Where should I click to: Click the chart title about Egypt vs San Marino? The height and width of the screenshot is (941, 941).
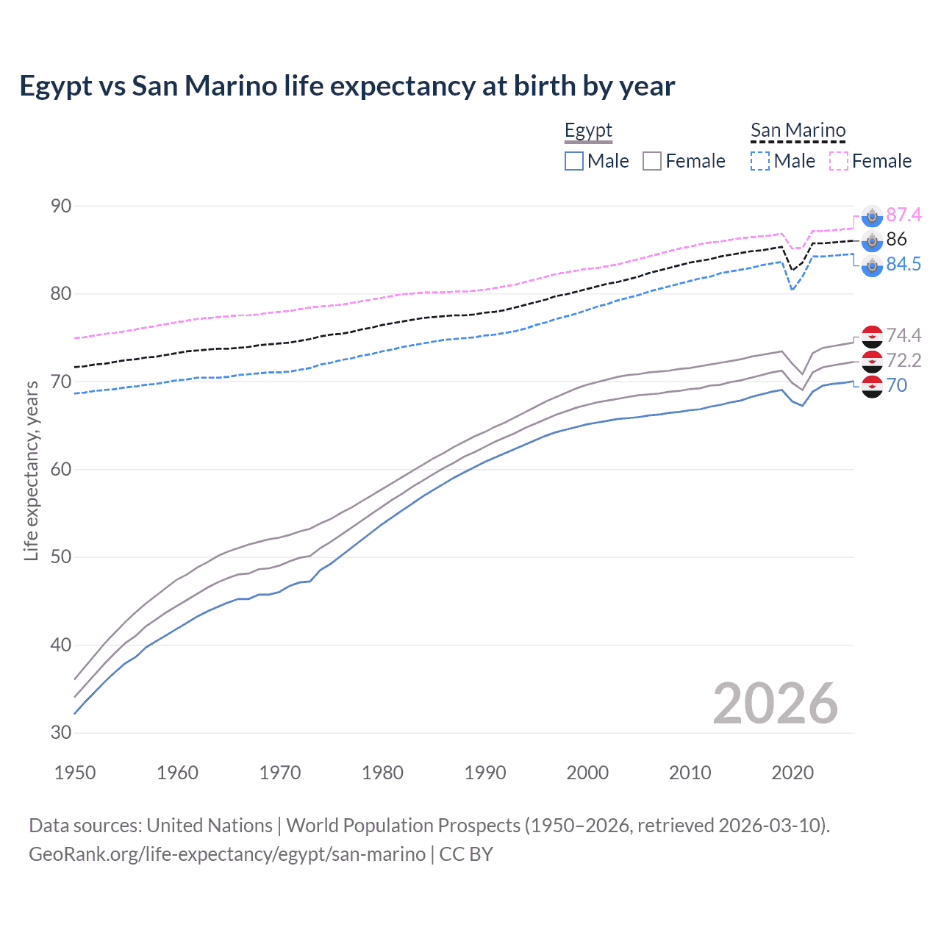point(347,86)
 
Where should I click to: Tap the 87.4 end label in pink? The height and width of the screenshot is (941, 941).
point(904,215)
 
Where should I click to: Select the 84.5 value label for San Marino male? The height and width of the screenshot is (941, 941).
point(904,265)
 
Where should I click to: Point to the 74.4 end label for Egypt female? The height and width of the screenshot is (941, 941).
point(904,336)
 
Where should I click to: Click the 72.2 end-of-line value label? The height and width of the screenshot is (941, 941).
point(904,360)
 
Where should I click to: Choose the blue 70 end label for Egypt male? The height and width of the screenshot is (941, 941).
point(897,385)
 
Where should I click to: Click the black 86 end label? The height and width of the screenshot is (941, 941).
point(896,239)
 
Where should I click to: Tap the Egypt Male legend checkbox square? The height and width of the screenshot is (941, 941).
point(574,161)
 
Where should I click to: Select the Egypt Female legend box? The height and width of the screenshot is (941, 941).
point(652,161)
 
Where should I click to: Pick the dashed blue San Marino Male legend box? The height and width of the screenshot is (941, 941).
point(760,161)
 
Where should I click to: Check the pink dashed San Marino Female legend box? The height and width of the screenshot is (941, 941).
point(839,161)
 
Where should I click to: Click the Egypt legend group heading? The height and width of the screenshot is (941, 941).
point(588,131)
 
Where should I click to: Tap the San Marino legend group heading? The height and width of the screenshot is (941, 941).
point(798,131)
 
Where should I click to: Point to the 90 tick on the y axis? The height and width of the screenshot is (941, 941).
point(61,207)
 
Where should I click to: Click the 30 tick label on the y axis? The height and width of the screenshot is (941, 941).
point(61,733)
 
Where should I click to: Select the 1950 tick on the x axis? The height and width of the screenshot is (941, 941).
point(75,773)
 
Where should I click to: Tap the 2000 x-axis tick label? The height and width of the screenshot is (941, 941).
point(587,773)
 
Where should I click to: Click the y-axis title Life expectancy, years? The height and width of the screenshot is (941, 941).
point(32,470)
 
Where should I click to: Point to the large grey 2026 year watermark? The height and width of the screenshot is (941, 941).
point(776,704)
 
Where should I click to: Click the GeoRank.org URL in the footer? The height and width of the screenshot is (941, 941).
point(227,854)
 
